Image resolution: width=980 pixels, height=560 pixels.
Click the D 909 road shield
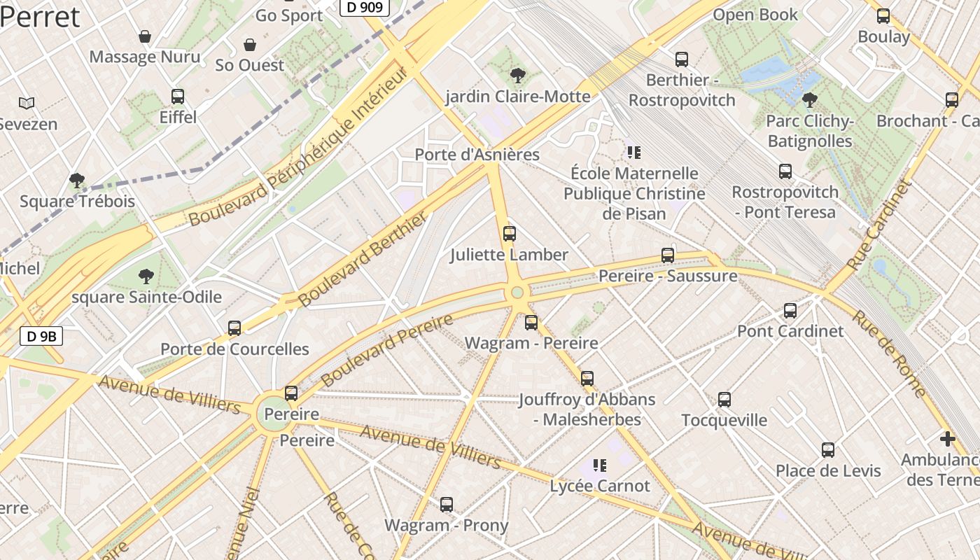pyautogui.click(x=364, y=8)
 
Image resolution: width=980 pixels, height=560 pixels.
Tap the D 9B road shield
pyautogui.click(x=41, y=337)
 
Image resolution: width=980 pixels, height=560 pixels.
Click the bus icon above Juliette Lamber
pyautogui.click(x=510, y=234)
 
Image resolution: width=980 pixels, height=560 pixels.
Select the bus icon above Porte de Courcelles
pyautogui.click(x=234, y=328)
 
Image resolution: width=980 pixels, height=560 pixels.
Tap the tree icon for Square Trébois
pyautogui.click(x=77, y=181)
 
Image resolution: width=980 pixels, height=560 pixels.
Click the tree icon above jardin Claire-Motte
pyautogui.click(x=518, y=76)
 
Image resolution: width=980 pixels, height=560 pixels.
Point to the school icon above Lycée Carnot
pyautogui.click(x=599, y=465)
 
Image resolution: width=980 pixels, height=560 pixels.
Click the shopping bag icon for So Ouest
pyautogui.click(x=250, y=45)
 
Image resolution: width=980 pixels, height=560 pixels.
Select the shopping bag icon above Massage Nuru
pyautogui.click(x=145, y=36)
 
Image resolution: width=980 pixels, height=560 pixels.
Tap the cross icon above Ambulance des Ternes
pyautogui.click(x=948, y=439)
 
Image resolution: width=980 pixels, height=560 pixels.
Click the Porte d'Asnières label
pyautogui.click(x=477, y=155)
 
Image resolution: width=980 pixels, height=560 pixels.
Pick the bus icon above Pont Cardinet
pyautogui.click(x=790, y=310)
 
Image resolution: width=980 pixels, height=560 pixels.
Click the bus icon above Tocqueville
pyautogui.click(x=724, y=400)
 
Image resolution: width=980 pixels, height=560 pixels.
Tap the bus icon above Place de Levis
pyautogui.click(x=828, y=450)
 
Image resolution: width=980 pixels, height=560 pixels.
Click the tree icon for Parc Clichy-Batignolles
pyautogui.click(x=810, y=100)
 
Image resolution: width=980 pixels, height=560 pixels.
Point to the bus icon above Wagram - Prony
pyautogui.click(x=447, y=504)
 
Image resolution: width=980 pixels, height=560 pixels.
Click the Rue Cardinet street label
pyautogui.click(x=879, y=225)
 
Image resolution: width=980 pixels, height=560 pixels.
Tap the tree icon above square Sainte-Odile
pyautogui.click(x=146, y=276)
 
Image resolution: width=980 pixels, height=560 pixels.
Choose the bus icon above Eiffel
pyautogui.click(x=178, y=97)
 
